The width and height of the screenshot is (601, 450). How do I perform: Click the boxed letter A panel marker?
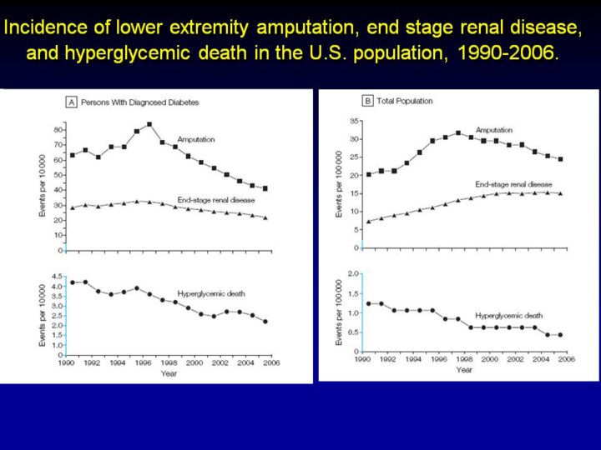(x=72, y=102)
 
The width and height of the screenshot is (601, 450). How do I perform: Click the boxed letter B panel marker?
(x=367, y=102)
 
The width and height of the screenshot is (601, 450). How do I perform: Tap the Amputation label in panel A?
(x=196, y=139)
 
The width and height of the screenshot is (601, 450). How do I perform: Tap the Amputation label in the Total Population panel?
(x=494, y=130)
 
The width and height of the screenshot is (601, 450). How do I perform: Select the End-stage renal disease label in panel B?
(x=513, y=183)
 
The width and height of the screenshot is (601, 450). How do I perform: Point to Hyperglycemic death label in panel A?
(x=206, y=293)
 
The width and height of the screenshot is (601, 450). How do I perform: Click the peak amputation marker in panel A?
(x=149, y=124)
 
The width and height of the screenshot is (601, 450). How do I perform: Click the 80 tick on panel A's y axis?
(x=58, y=130)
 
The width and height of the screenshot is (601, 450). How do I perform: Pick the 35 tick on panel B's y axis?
(x=354, y=121)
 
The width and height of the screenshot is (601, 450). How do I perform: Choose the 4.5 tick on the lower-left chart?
(x=56, y=276)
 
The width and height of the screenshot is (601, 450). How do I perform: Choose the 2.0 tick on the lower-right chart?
(x=353, y=273)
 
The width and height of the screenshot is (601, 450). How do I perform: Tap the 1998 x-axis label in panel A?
(x=169, y=362)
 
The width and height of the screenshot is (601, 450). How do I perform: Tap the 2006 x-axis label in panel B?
(x=565, y=360)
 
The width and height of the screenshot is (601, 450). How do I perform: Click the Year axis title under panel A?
(x=169, y=373)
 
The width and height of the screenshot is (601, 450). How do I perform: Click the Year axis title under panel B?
(x=464, y=370)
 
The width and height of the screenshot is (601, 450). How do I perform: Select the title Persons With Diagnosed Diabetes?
(x=140, y=102)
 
